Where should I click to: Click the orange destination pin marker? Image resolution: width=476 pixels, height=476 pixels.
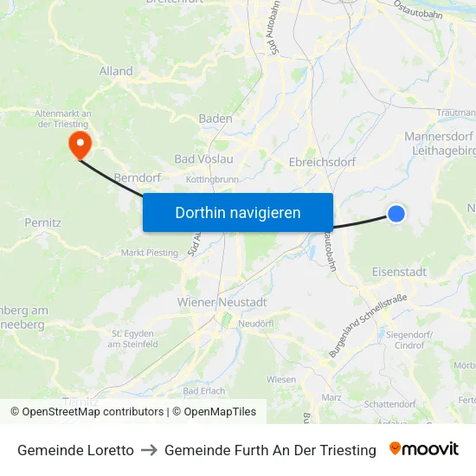(80, 143)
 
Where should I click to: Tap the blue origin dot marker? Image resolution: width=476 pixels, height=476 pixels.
(396, 213)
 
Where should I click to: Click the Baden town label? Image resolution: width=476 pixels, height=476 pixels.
(215, 119)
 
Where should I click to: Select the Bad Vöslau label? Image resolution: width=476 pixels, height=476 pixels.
(203, 159)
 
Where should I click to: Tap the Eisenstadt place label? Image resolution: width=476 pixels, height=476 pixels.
(399, 272)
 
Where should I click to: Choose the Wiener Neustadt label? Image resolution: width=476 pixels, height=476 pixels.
(222, 302)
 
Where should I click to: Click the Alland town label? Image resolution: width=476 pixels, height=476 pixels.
(116, 71)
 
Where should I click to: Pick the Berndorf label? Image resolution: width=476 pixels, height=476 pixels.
(138, 177)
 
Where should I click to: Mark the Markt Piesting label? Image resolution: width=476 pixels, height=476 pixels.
(149, 253)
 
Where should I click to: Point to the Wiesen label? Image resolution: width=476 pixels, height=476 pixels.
(281, 379)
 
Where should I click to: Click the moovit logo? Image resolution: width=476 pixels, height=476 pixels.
(424, 449)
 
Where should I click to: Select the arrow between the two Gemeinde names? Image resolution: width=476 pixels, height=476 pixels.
(149, 450)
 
